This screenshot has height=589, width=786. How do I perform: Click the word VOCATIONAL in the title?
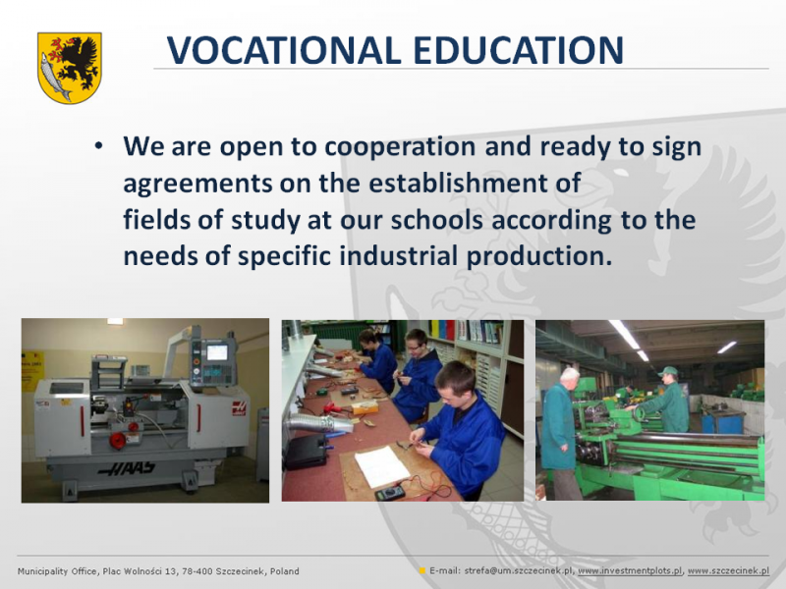[284, 50]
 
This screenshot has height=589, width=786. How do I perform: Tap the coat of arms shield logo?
[70, 68]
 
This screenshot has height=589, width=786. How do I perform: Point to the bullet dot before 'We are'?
[98, 146]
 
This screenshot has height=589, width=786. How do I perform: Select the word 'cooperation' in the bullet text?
[400, 147]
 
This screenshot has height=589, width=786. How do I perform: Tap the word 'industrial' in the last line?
[399, 255]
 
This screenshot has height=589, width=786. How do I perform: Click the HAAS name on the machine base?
[127, 468]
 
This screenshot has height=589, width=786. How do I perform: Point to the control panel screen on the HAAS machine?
[217, 352]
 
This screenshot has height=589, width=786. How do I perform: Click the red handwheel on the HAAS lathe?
[118, 441]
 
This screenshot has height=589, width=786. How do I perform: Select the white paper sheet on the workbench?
[381, 467]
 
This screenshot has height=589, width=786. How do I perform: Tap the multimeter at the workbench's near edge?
[390, 493]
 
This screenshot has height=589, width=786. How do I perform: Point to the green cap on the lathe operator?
[668, 371]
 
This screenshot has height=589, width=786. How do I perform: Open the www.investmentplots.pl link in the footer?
[630, 571]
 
